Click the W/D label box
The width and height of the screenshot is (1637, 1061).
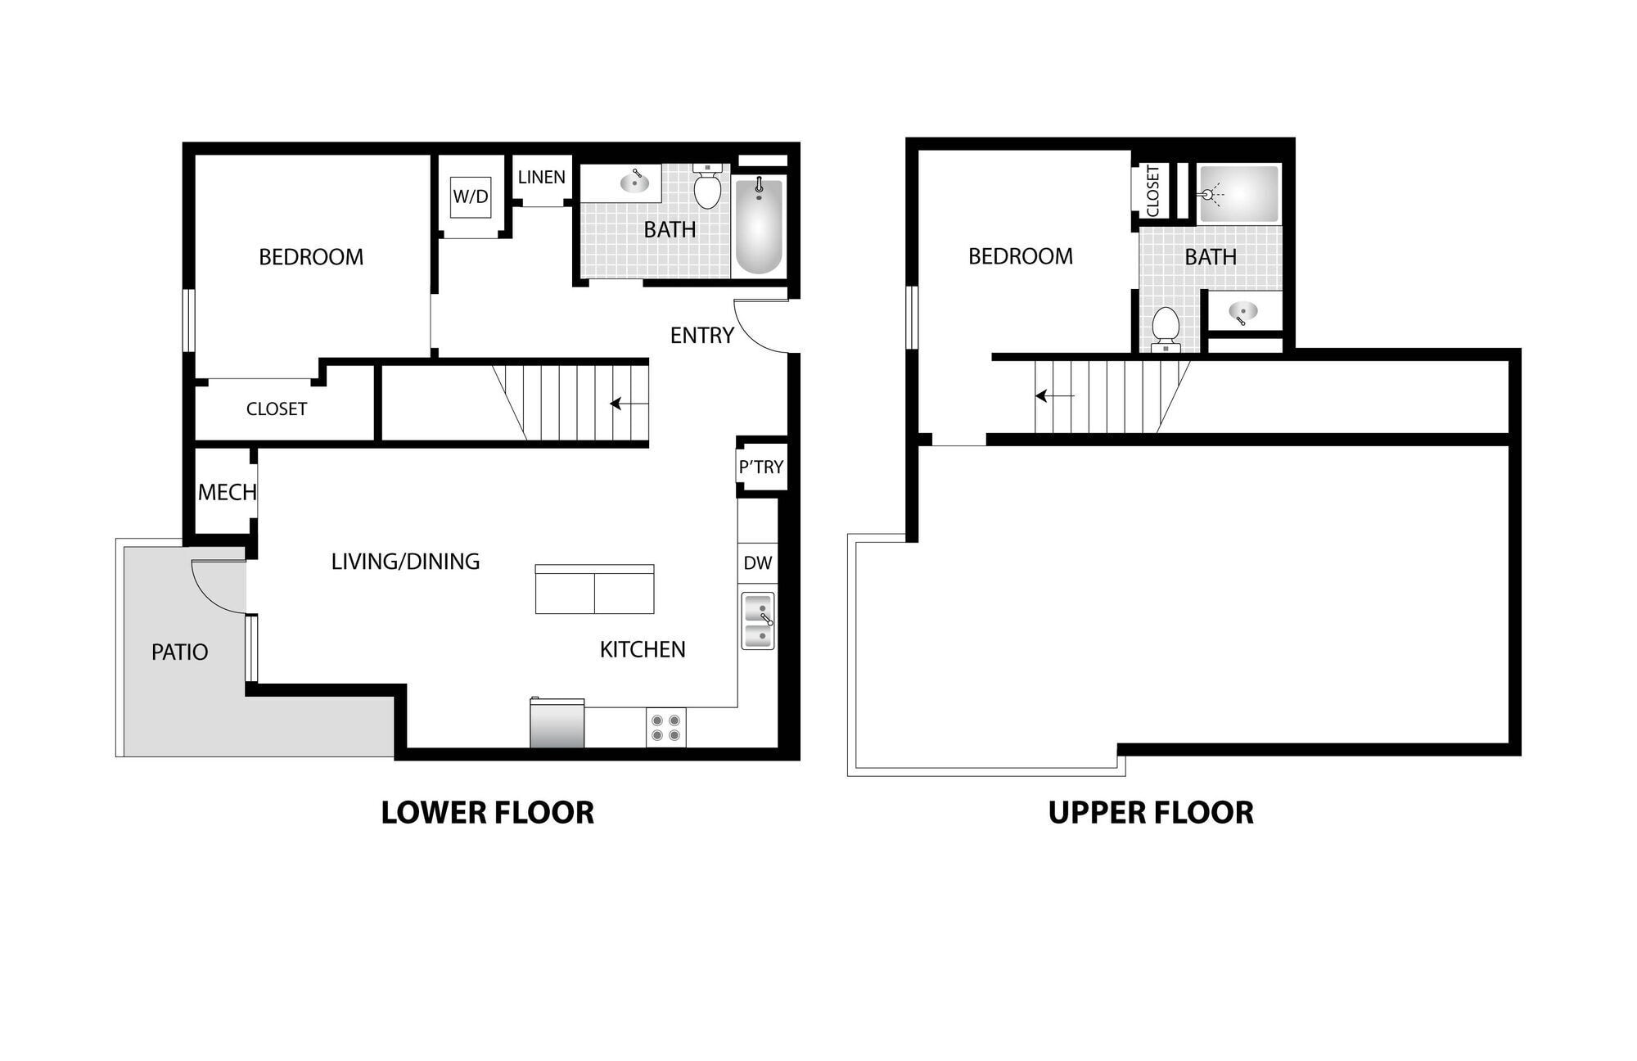pos(471,196)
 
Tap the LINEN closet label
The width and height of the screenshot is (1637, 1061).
pos(541,177)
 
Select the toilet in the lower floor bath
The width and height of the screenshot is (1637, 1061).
pos(707,187)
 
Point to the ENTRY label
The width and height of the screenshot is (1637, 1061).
pos(701,335)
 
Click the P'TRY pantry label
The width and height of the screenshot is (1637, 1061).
pos(761,467)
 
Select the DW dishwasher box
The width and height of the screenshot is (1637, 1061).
pos(758,563)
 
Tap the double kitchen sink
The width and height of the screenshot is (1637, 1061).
pos(758,621)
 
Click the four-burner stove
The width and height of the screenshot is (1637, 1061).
pos(665,728)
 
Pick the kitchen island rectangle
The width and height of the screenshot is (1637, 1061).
pos(594,589)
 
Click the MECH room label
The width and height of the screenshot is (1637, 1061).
pos(227,492)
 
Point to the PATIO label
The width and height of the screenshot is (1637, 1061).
pos(180,652)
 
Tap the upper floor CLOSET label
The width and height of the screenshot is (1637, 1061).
pos(1152,191)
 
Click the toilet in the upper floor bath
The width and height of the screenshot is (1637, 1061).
pos(1165,327)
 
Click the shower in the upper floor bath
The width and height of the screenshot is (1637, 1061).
pos(1238,194)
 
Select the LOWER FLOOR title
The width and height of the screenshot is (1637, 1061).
pos(488,812)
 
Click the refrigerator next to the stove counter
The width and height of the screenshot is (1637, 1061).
pos(557,724)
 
